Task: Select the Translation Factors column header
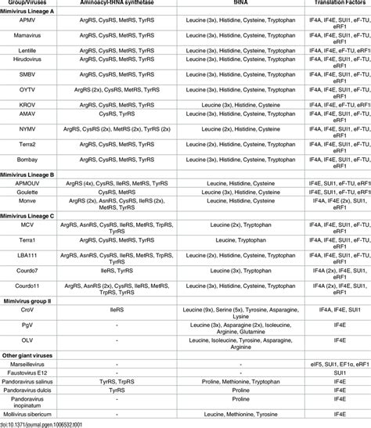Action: pos(329,5)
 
